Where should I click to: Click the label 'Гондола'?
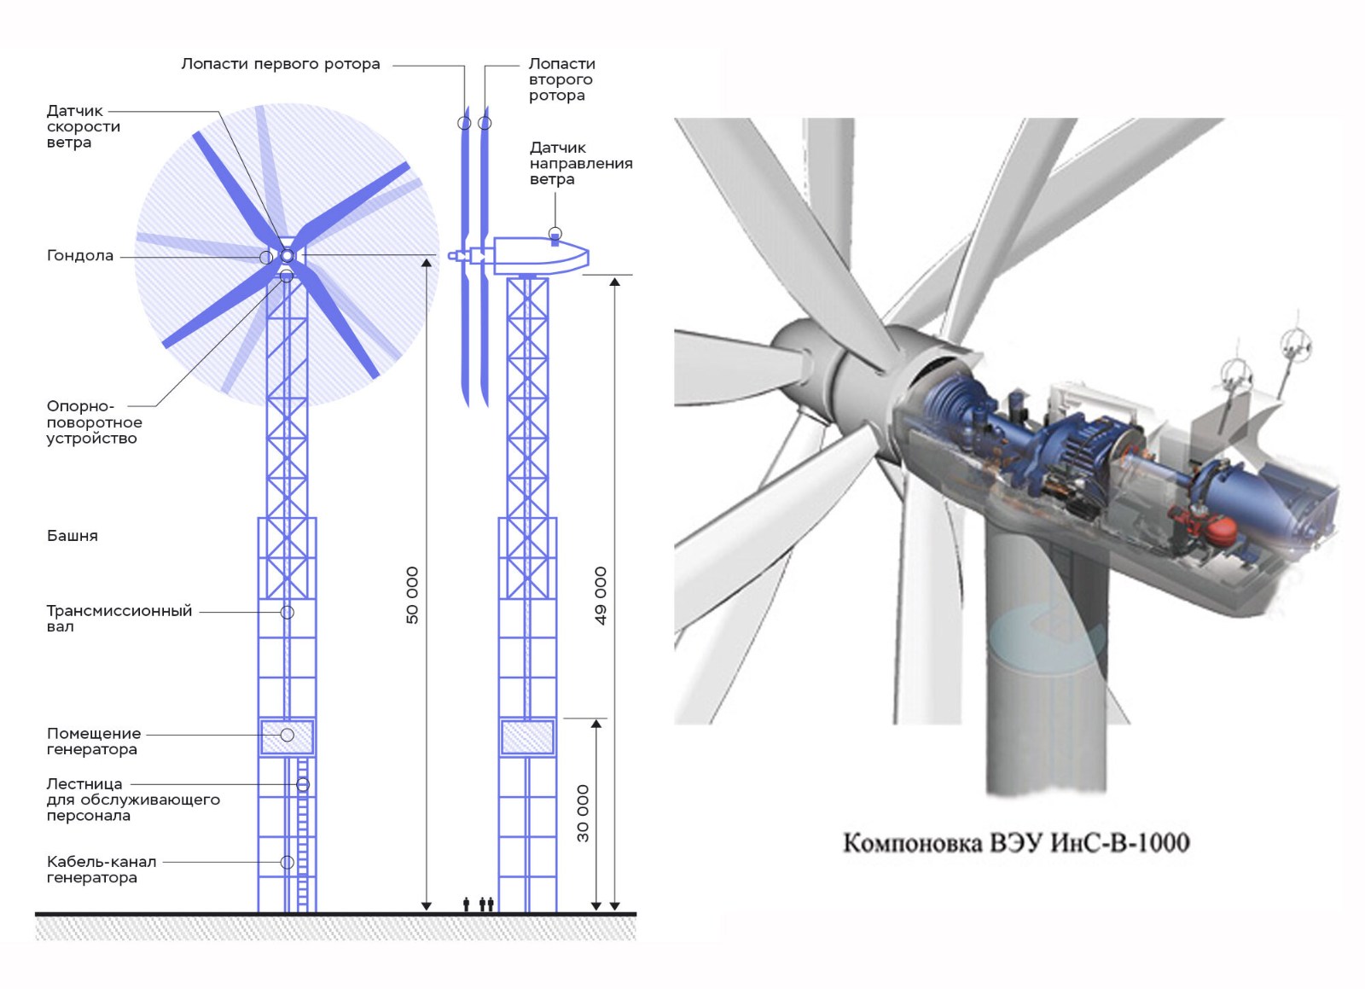point(80,255)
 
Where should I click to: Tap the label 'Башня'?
point(72,536)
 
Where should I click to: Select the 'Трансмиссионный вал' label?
point(119,619)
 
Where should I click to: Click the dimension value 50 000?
point(413,596)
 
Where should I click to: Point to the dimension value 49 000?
point(601,596)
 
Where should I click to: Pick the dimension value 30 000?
point(584,813)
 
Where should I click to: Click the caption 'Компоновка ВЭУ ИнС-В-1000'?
point(1016,843)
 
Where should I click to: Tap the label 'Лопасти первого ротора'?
point(281,64)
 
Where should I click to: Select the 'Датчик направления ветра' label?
point(581,163)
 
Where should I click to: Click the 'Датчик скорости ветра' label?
point(84,127)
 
